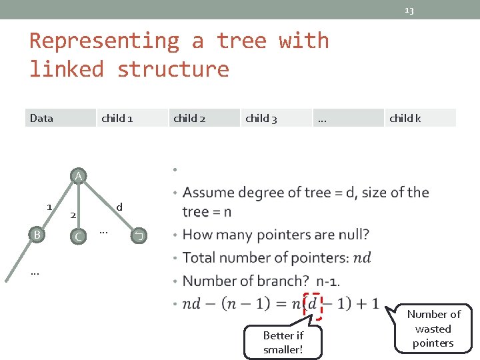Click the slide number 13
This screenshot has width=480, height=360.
click(409, 10)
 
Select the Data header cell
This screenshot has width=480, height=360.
click(41, 119)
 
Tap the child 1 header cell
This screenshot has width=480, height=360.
click(117, 119)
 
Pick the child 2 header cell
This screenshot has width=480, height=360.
click(189, 119)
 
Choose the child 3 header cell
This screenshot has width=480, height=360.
click(261, 119)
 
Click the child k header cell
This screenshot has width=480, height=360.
click(405, 119)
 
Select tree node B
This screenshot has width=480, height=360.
click(37, 235)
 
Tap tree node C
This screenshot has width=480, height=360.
click(79, 237)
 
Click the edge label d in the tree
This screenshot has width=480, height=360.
click(119, 207)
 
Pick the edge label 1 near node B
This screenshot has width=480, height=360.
click(49, 207)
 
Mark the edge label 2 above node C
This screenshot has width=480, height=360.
click(74, 215)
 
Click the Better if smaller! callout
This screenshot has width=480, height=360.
click(283, 343)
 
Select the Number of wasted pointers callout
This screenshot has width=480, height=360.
click(433, 329)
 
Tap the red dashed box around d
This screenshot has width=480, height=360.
click(312, 305)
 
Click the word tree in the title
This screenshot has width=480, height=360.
click(241, 41)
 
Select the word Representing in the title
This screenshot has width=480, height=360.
click(104, 41)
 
